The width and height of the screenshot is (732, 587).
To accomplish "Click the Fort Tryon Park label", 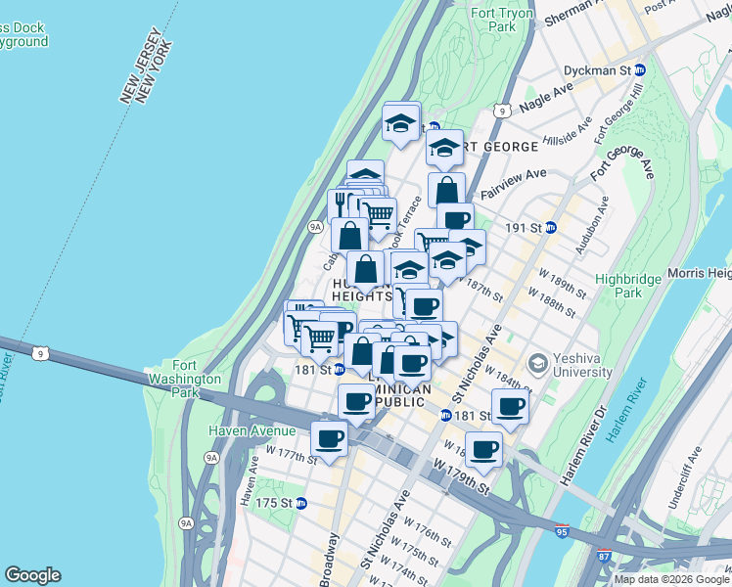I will click(x=493, y=20).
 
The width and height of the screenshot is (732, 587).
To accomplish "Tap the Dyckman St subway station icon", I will click(x=641, y=70).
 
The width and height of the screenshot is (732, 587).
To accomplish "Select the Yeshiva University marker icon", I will click(x=537, y=364).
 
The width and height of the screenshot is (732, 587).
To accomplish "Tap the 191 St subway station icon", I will click(x=551, y=227).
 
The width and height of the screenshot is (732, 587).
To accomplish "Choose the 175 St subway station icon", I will click(x=301, y=503).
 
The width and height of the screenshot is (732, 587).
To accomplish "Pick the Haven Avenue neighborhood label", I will click(x=252, y=430).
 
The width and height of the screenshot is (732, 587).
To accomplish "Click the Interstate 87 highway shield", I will click(x=604, y=557).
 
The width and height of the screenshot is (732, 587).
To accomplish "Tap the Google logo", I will click(x=32, y=575).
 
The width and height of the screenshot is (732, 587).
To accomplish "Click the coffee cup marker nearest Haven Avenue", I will click(x=330, y=439).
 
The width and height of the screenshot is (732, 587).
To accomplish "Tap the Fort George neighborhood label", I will click(x=497, y=147).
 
